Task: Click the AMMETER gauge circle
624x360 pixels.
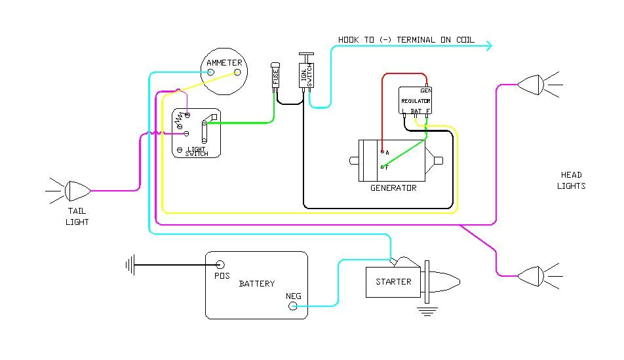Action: (224, 71)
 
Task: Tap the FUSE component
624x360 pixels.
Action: (275, 77)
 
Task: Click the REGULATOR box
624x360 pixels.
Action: (416, 101)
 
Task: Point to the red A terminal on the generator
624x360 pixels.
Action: (382, 151)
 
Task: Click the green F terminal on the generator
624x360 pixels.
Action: (382, 167)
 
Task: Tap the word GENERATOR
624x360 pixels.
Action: (393, 188)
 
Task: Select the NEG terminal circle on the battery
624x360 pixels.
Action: (294, 306)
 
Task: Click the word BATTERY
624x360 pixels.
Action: (256, 284)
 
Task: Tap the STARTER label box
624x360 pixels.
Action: (393, 282)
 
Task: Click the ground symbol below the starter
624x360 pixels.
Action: (427, 310)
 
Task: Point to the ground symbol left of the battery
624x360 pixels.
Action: (130, 265)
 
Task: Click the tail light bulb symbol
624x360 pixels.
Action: (78, 190)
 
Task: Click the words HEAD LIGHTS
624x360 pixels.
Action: (571, 180)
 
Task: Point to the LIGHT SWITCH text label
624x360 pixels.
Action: (196, 151)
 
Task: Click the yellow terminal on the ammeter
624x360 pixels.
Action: (237, 72)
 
